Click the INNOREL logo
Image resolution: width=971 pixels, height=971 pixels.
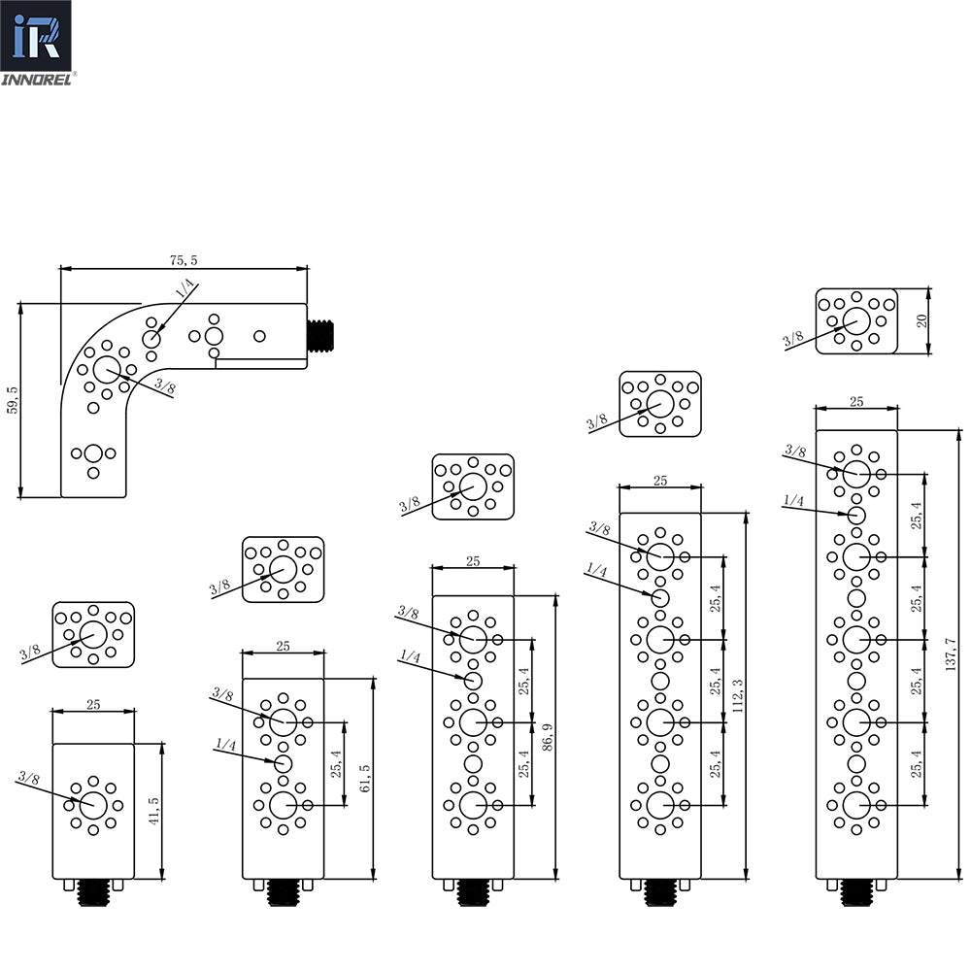42,45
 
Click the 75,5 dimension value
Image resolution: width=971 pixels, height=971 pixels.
183,259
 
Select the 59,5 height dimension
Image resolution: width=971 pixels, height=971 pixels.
12,399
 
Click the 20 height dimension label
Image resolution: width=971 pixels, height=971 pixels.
923,320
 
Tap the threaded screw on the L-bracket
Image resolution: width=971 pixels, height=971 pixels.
320,337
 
